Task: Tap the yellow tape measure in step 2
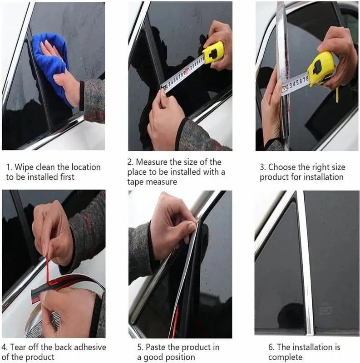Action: (x=213, y=53)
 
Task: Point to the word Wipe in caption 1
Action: (x=24, y=167)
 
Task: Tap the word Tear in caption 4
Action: (x=18, y=347)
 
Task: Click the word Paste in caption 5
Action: (x=155, y=347)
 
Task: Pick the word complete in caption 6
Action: (x=285, y=357)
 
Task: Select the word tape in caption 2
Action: (x=135, y=182)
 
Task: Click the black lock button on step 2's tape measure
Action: (x=213, y=54)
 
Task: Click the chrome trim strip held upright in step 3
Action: (x=283, y=69)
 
